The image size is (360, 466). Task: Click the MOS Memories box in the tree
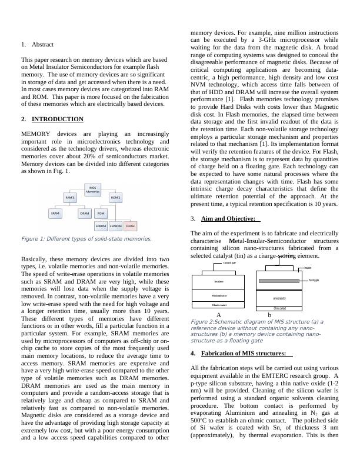tap(94, 189)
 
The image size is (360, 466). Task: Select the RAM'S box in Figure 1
tap(71, 198)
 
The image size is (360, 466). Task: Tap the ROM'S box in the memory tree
tap(116, 198)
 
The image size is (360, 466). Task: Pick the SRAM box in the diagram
tap(56, 213)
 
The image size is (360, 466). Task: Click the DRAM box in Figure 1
tap(85, 213)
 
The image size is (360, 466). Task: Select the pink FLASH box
tap(131, 225)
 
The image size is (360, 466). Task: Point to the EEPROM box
tap(116, 225)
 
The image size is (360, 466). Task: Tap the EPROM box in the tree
tap(101, 225)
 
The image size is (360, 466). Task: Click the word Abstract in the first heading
tap(42, 44)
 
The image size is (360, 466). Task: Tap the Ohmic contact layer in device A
tap(218, 305)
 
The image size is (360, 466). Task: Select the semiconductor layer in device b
tap(279, 299)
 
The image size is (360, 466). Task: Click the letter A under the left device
tap(218, 315)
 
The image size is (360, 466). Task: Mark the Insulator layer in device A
tap(218, 282)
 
